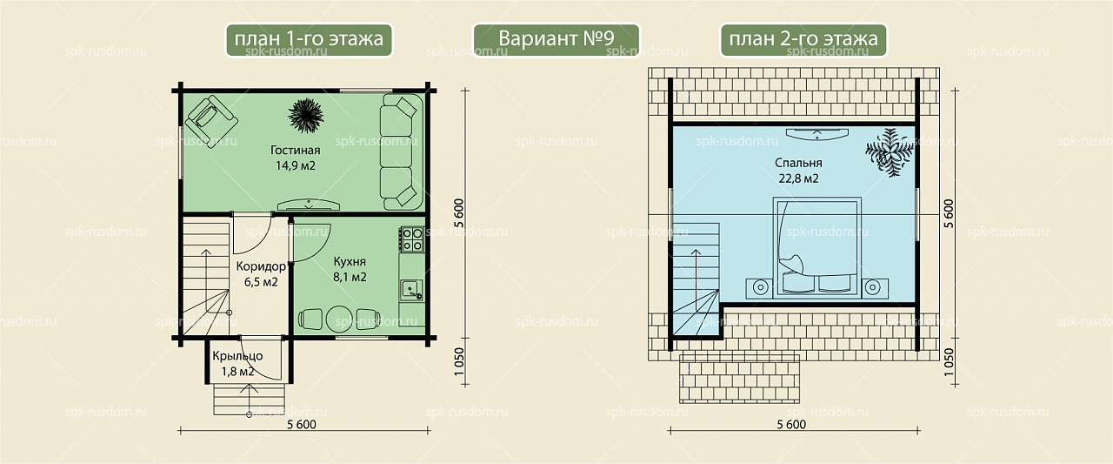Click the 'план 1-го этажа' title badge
[x=309, y=40]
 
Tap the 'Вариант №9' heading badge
[x=556, y=40]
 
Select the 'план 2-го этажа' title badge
[x=803, y=40]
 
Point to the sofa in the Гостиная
[x=402, y=151]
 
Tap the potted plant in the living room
[x=305, y=116]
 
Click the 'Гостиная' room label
[x=295, y=150]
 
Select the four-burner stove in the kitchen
[x=412, y=239]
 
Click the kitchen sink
[x=412, y=290]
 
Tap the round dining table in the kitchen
[x=340, y=319]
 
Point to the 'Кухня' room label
[x=350, y=261]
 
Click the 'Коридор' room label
[x=261, y=266]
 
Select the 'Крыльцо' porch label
[x=237, y=356]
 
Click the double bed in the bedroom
[x=816, y=247]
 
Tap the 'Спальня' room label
[x=798, y=163]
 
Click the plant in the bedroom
[x=890, y=151]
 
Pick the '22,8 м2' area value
[x=798, y=178]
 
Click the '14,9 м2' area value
[x=295, y=165]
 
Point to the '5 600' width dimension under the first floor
[x=302, y=424]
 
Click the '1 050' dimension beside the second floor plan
[x=949, y=361]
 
